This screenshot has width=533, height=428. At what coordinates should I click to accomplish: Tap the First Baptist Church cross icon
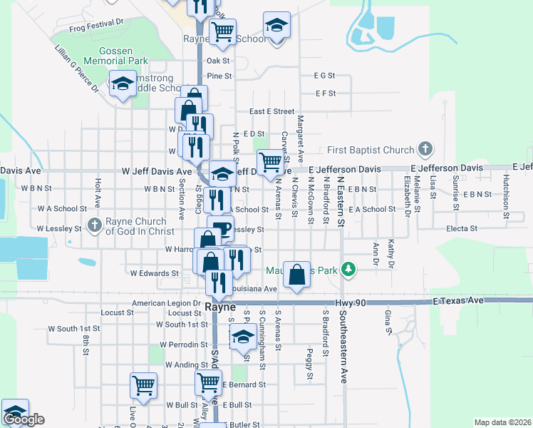click(425, 150)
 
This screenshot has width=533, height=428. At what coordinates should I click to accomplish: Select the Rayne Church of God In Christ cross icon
click(95, 225)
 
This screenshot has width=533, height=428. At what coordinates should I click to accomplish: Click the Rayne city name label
click(219, 306)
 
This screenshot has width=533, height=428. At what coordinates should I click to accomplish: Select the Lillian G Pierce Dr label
click(76, 69)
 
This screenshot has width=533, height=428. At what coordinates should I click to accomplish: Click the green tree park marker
click(348, 270)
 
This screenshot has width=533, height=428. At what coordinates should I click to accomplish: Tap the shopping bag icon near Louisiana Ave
click(296, 274)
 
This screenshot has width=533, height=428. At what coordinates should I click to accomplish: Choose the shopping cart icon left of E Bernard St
click(208, 382)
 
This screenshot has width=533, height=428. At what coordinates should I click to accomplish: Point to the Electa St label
click(462, 228)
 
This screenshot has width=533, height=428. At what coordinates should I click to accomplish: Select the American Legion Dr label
click(163, 303)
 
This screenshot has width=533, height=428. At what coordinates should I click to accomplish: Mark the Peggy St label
click(309, 363)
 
